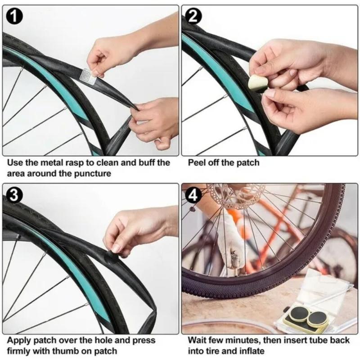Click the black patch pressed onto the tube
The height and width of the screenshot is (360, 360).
[112, 259]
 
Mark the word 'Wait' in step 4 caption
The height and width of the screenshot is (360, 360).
[197, 340]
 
